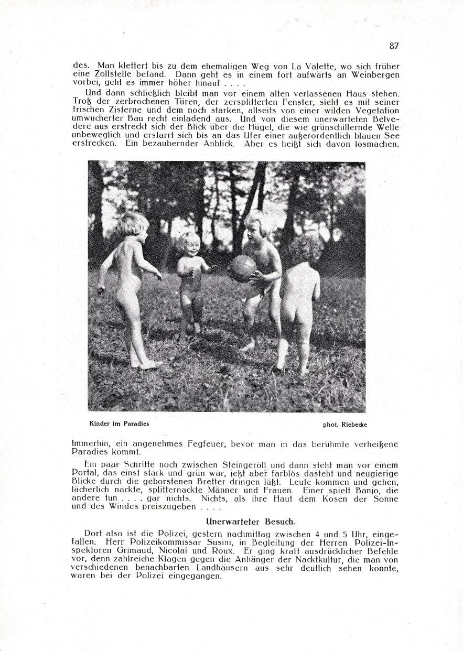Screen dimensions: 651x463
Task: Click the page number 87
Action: click(394, 46)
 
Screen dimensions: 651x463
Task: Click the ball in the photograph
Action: click(242, 269)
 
